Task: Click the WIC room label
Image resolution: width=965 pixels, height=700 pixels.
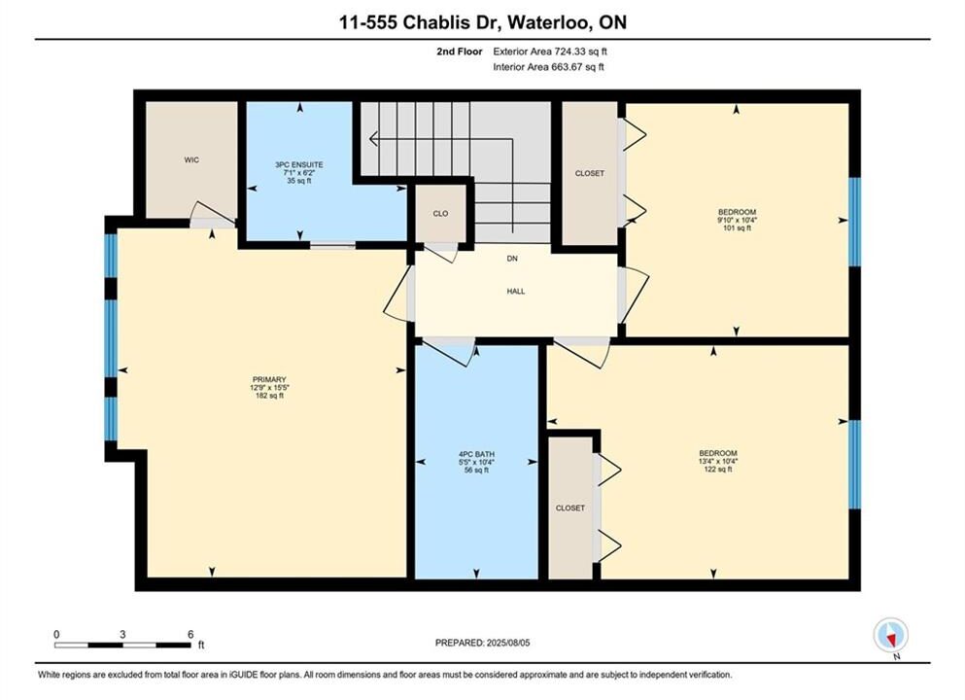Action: [191, 160]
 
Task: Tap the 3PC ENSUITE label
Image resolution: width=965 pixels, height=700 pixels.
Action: [299, 165]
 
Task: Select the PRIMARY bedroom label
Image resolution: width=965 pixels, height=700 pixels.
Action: [269, 380]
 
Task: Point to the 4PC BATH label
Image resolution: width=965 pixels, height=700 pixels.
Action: [476, 454]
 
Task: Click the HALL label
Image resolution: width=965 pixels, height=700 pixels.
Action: [516, 292]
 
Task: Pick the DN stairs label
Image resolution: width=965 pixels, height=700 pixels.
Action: [512, 259]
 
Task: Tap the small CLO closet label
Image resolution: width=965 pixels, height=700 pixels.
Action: [440, 214]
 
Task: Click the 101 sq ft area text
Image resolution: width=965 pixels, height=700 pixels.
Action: [737, 228]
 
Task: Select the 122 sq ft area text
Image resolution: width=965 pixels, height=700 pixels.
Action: [717, 470]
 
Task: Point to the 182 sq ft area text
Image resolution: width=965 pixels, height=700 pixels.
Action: [269, 396]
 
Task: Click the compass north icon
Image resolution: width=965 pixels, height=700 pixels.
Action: [890, 635]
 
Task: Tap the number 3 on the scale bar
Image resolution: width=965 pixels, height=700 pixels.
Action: [123, 635]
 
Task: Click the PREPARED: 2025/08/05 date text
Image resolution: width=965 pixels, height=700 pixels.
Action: [482, 643]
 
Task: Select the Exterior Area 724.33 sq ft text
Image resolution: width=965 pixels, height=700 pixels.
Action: [550, 52]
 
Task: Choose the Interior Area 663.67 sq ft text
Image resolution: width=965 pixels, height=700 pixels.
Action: [548, 67]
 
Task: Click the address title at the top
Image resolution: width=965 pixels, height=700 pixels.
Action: [483, 22]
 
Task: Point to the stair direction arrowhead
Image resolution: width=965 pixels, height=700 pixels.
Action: [373, 139]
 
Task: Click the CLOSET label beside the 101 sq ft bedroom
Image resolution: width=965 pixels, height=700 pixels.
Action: [590, 174]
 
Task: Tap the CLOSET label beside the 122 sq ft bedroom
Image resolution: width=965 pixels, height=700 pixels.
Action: [569, 508]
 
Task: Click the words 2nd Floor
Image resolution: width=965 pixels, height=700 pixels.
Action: [460, 52]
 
